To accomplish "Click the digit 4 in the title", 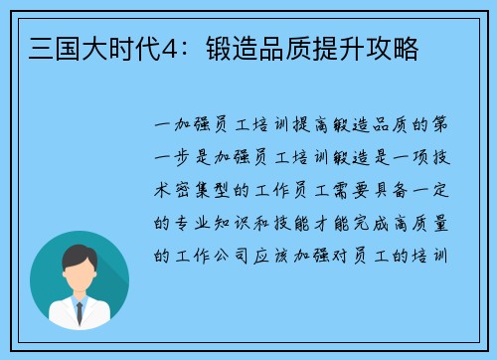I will point(146,47).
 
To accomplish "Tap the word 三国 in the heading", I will point(43,47).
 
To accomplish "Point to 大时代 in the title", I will point(102,47).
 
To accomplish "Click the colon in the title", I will point(166,47).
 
